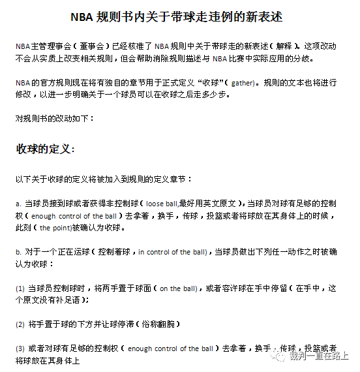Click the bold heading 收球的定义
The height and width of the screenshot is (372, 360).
point(45,149)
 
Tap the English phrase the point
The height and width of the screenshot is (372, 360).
point(55,228)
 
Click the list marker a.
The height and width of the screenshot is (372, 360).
point(18,204)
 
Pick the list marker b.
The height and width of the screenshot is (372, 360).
point(18,252)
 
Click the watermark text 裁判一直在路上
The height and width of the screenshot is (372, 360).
point(320,356)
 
